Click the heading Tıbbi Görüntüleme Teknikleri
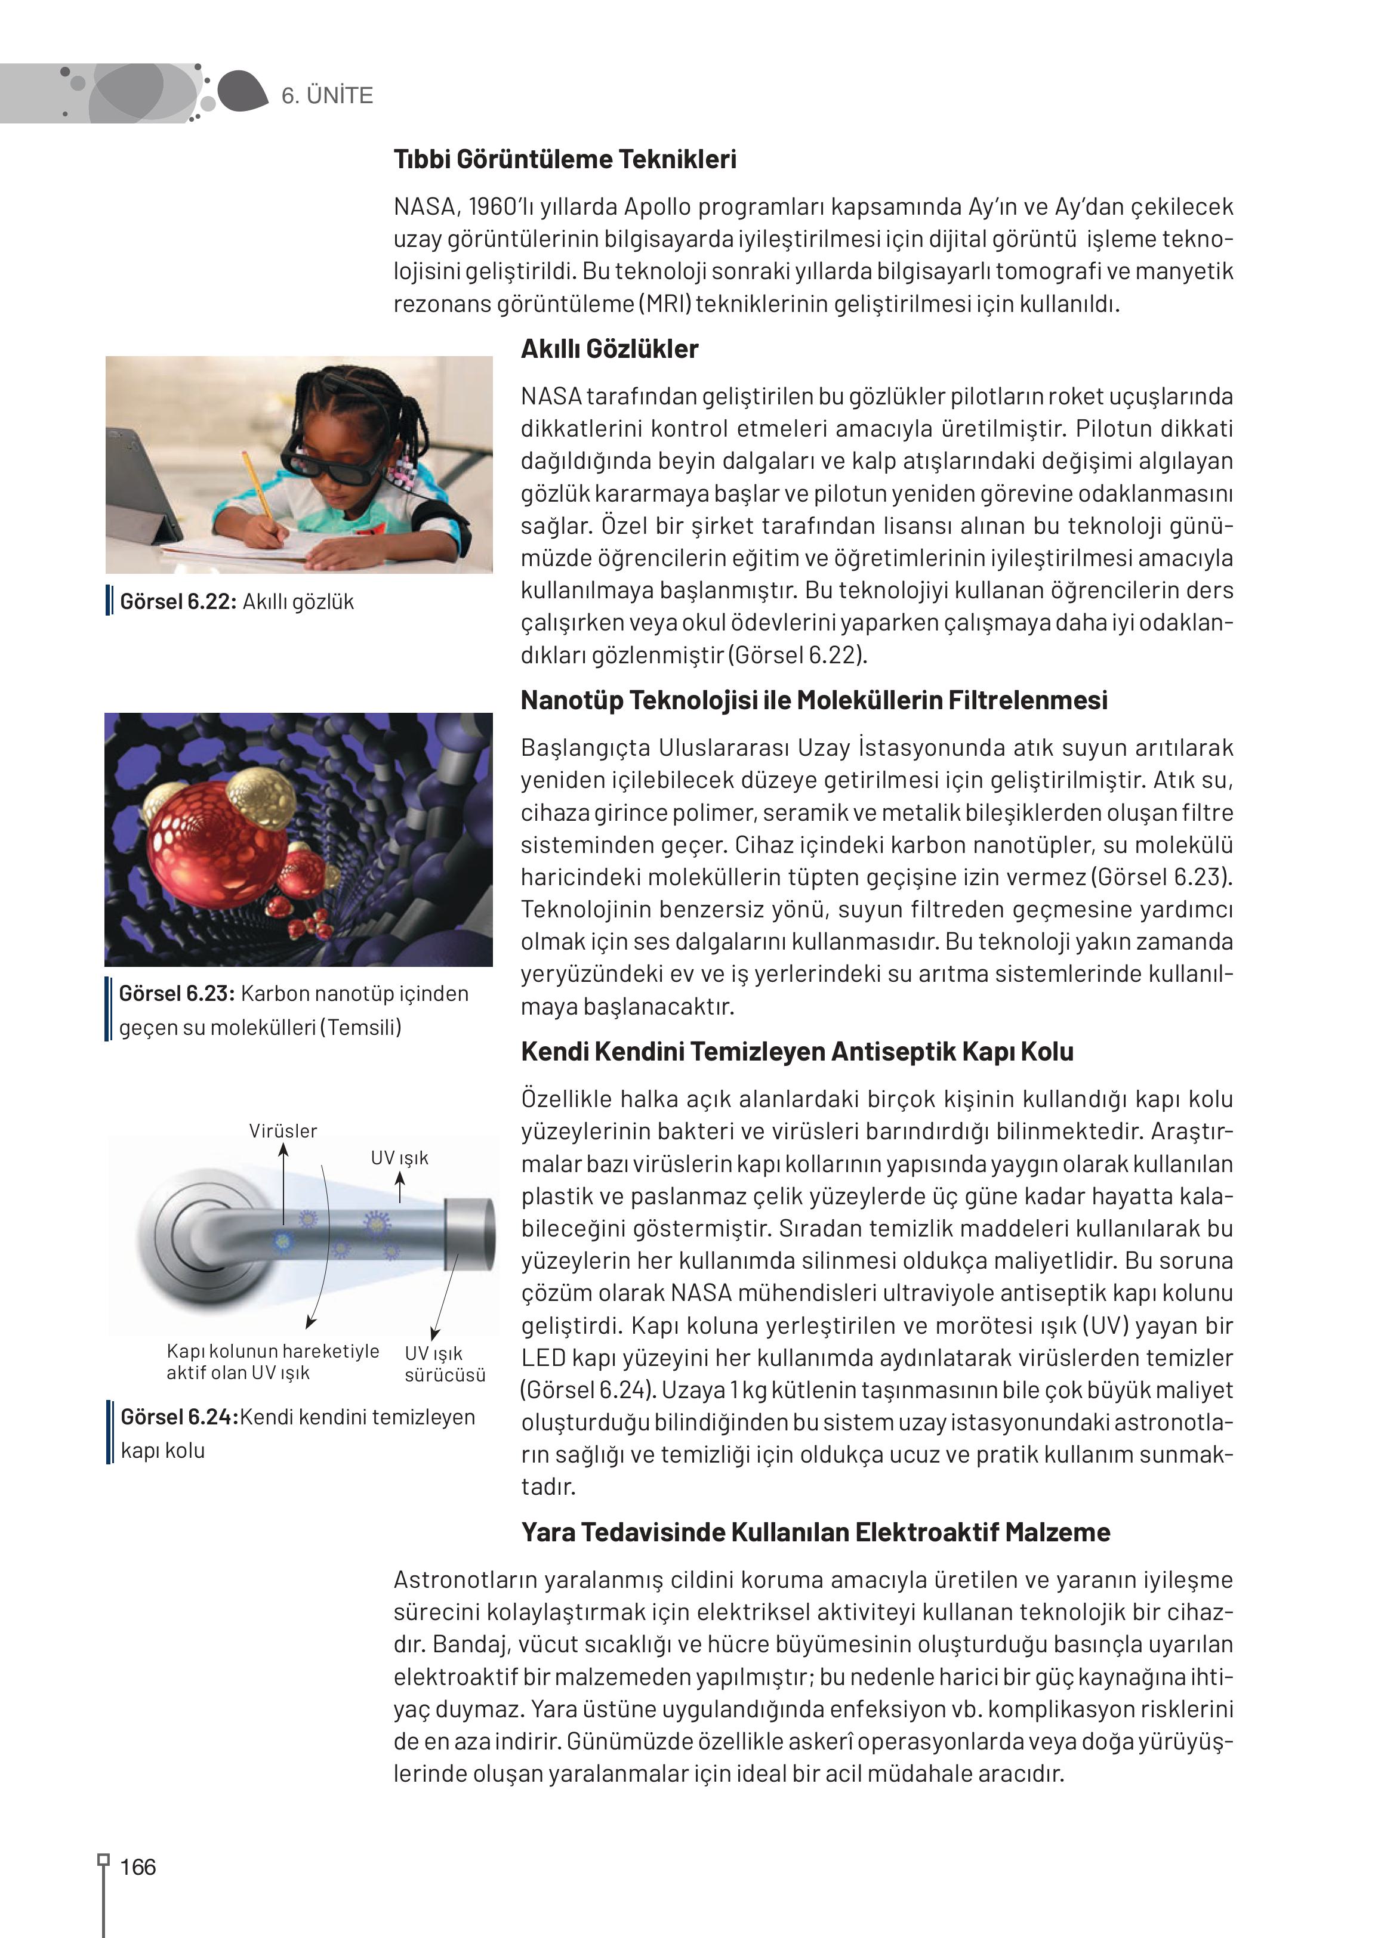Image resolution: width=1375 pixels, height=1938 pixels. [x=565, y=159]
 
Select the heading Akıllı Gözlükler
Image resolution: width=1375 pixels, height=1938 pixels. [x=609, y=349]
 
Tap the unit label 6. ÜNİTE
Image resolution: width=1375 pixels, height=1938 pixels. [x=327, y=95]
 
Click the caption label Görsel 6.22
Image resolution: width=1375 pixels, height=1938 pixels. [x=178, y=602]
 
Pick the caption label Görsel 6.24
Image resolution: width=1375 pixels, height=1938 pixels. [x=178, y=1417]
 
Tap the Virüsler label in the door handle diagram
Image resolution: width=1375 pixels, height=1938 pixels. [x=283, y=1130]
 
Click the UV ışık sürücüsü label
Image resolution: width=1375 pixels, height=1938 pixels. [x=445, y=1364]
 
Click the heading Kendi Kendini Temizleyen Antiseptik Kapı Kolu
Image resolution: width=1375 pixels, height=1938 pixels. [x=797, y=1052]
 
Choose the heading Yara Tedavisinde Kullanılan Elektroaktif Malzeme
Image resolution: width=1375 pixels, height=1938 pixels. [x=815, y=1532]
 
